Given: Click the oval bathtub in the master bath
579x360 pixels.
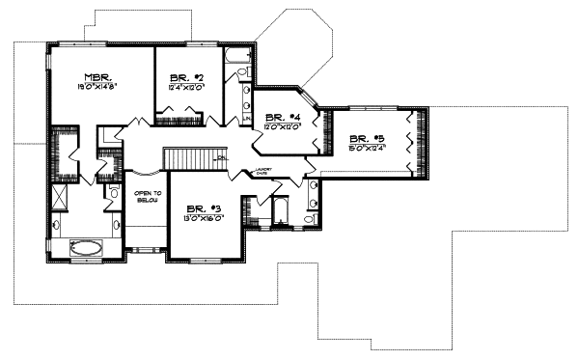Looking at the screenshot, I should pyautogui.click(x=85, y=247).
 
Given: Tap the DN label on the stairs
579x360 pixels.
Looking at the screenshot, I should pyautogui.click(x=221, y=157).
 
